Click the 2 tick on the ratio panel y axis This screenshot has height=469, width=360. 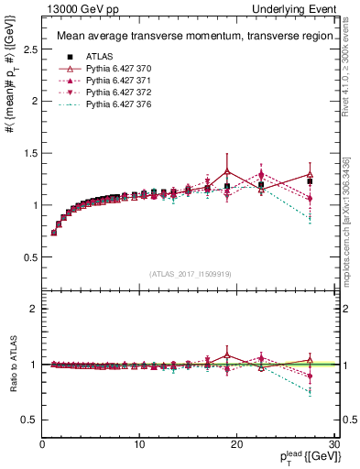pyautogui.click(x=34, y=309)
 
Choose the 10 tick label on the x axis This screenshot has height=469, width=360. pyautogui.click(x=139, y=444)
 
